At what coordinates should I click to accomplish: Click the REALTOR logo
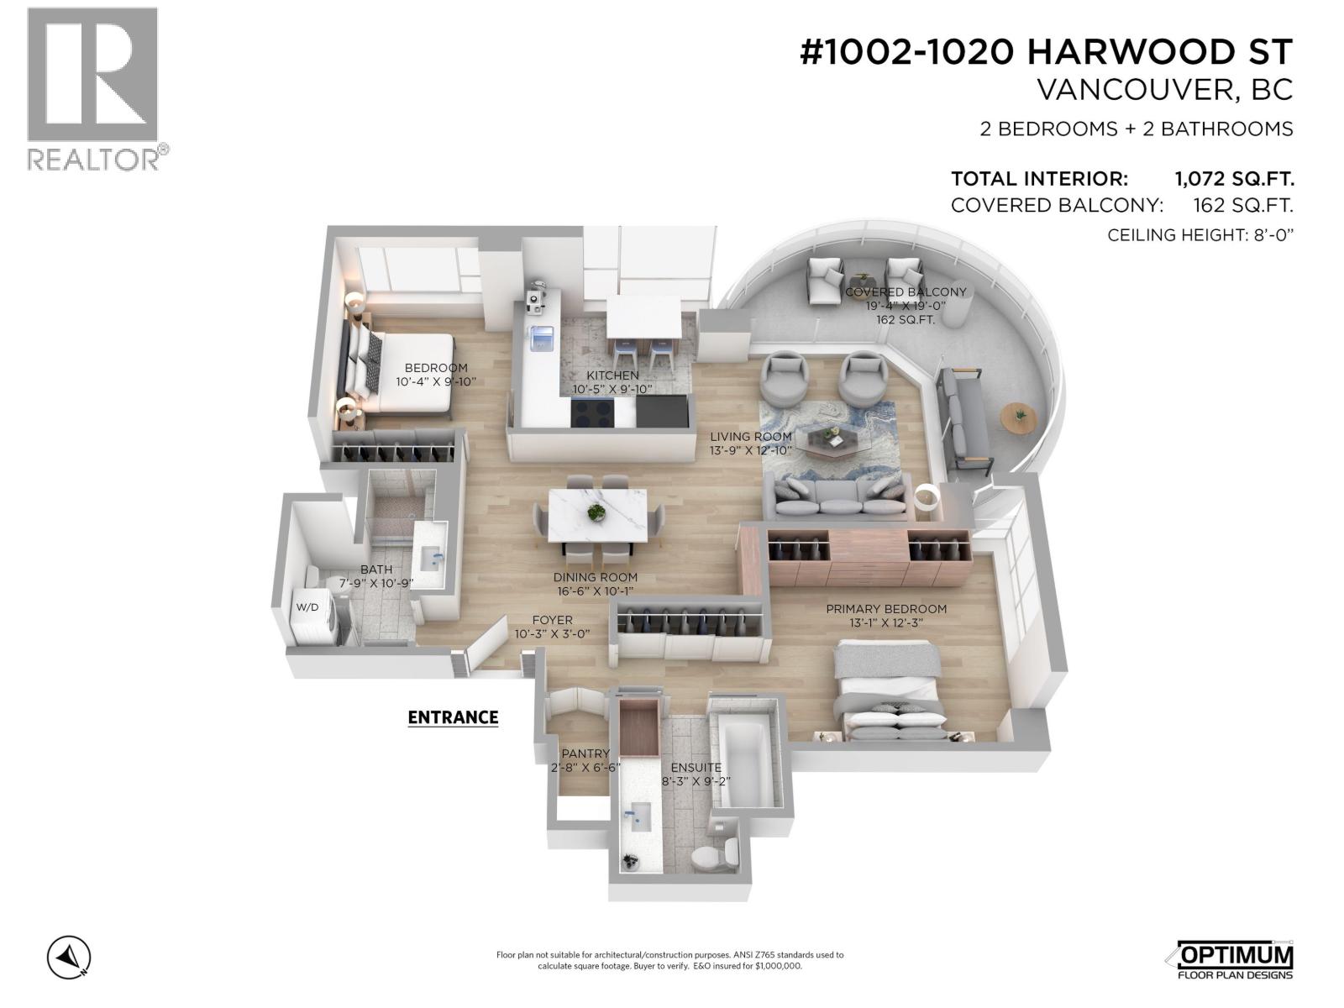coord(92,88)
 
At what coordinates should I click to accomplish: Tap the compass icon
coord(69,957)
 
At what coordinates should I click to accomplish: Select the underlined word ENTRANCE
coord(453,717)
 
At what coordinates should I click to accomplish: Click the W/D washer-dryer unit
coord(312,608)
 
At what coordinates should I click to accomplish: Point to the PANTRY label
coord(585,753)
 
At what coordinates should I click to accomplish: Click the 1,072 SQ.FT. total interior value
coord(1233,179)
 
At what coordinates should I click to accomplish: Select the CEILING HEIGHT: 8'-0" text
coord(1200,235)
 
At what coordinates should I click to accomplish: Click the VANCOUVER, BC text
coord(1164,90)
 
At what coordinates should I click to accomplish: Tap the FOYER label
coord(552,620)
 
